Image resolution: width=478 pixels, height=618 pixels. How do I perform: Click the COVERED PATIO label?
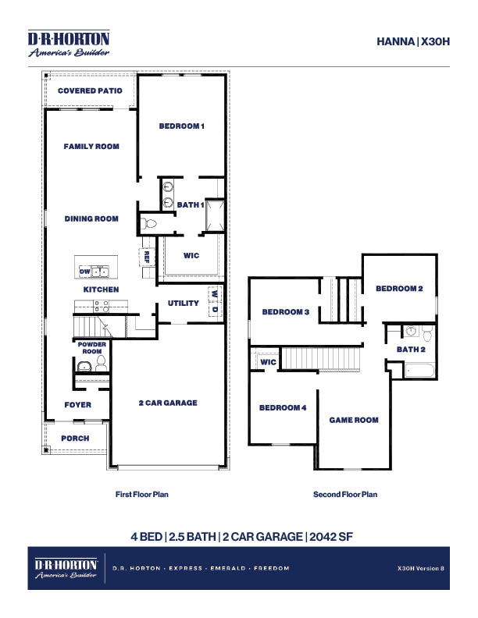(x=90, y=91)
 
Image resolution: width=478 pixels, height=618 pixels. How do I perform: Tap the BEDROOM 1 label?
(x=181, y=126)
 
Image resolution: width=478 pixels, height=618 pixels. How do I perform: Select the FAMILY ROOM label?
(x=91, y=146)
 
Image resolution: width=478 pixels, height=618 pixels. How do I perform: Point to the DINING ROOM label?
(x=91, y=219)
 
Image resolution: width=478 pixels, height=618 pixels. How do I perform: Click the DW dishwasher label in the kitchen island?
(x=84, y=271)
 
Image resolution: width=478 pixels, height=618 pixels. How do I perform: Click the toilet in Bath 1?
(x=150, y=223)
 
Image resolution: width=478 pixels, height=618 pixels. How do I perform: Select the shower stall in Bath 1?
(x=215, y=215)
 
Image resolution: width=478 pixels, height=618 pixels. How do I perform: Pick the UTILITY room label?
(x=184, y=304)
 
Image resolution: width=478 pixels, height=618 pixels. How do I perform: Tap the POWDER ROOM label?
(x=92, y=348)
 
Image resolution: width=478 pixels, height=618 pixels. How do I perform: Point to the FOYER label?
(x=78, y=405)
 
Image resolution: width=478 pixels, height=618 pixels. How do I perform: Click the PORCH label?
(x=75, y=439)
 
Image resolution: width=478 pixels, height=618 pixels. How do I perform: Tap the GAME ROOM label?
(x=354, y=420)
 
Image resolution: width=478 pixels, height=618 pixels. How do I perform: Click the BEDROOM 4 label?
(x=283, y=408)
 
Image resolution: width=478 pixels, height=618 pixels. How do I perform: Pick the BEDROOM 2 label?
(x=399, y=289)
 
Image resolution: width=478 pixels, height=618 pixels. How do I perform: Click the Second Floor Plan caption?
(x=345, y=495)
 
